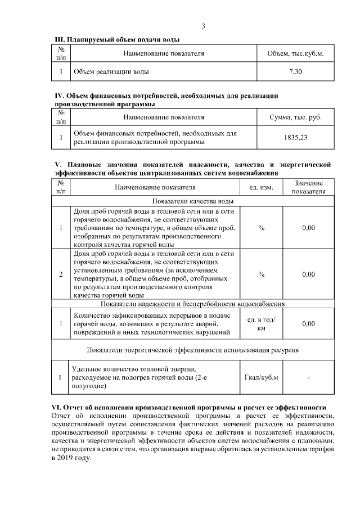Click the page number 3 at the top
pyautogui.click(x=203, y=26)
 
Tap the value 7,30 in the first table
pyautogui.click(x=296, y=71)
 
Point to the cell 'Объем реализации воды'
pyautogui.click(x=111, y=72)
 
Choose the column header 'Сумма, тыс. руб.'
pyautogui.click(x=296, y=118)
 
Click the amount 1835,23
pyautogui.click(x=296, y=137)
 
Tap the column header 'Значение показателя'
pyautogui.click(x=308, y=187)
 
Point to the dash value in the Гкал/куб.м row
pyautogui.click(x=308, y=377)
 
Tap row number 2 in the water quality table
pyautogui.click(x=61, y=274)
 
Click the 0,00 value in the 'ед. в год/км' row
pyautogui.click(x=308, y=324)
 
